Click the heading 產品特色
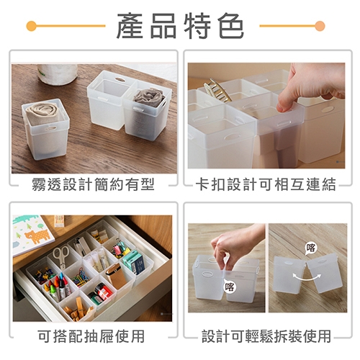tap(180, 26)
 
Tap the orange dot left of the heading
tap(32, 26)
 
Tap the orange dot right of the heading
tap(320, 26)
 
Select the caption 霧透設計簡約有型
tap(93, 184)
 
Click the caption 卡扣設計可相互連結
tap(266, 184)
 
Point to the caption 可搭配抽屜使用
tap(91, 336)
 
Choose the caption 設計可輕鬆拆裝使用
tap(266, 336)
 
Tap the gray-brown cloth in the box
tap(150, 96)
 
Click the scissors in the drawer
tap(60, 257)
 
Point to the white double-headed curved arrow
tap(307, 276)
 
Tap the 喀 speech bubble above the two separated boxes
tap(310, 248)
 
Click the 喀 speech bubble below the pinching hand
tap(230, 287)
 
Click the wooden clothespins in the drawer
tap(76, 308)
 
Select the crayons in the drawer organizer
tap(57, 287)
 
